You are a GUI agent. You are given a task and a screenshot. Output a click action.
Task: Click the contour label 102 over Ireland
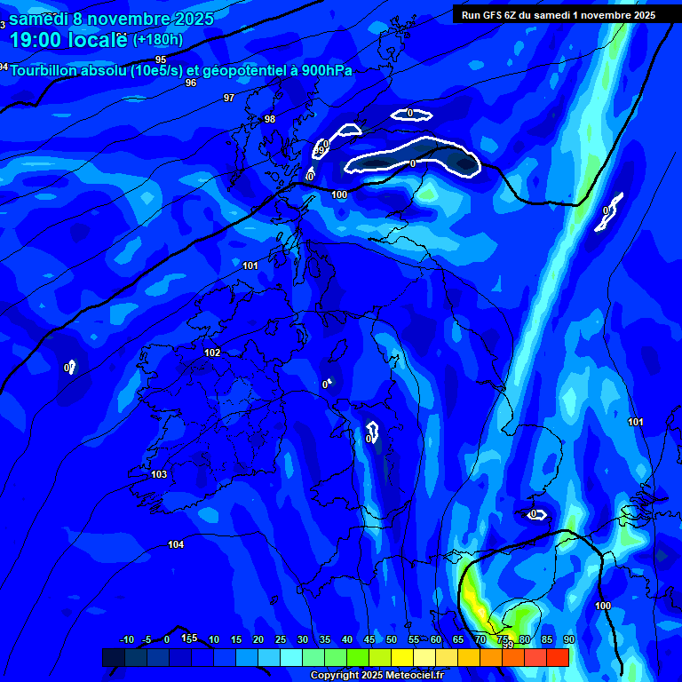click(212, 353)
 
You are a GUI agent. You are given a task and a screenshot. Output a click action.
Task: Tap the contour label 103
click(159, 474)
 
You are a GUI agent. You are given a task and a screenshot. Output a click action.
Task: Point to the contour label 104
click(176, 544)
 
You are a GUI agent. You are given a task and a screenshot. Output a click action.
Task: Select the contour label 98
click(270, 119)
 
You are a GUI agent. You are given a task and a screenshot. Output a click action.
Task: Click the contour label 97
click(229, 98)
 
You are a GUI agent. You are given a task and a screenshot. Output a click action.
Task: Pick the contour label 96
click(191, 83)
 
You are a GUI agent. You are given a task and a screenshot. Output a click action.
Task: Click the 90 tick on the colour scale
click(568, 639)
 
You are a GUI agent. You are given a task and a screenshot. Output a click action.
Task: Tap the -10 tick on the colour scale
click(126, 639)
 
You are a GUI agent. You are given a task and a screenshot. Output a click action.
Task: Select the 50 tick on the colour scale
click(392, 639)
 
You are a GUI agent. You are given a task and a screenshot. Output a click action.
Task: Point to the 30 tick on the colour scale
click(303, 639)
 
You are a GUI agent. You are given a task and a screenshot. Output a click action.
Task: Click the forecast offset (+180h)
click(158, 40)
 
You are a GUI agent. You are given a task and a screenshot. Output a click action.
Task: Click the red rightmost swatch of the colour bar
click(557, 657)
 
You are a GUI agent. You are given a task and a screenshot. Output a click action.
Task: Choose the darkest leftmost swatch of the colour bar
click(114, 657)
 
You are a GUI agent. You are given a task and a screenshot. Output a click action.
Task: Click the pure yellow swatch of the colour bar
click(402, 657)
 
